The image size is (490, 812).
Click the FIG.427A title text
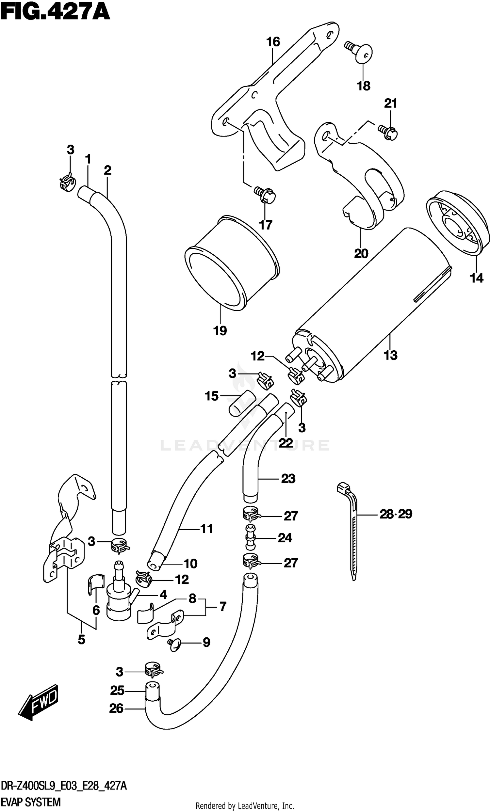pos(55,13)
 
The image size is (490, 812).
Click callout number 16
pos(273,42)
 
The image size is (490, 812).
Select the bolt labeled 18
pos(360,51)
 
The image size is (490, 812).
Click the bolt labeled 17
pos(266,195)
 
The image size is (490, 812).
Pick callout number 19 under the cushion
pos(220,330)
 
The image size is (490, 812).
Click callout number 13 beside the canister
pos(390,355)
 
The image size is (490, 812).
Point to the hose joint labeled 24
pos(251,537)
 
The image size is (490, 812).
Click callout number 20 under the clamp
pos(361,254)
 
